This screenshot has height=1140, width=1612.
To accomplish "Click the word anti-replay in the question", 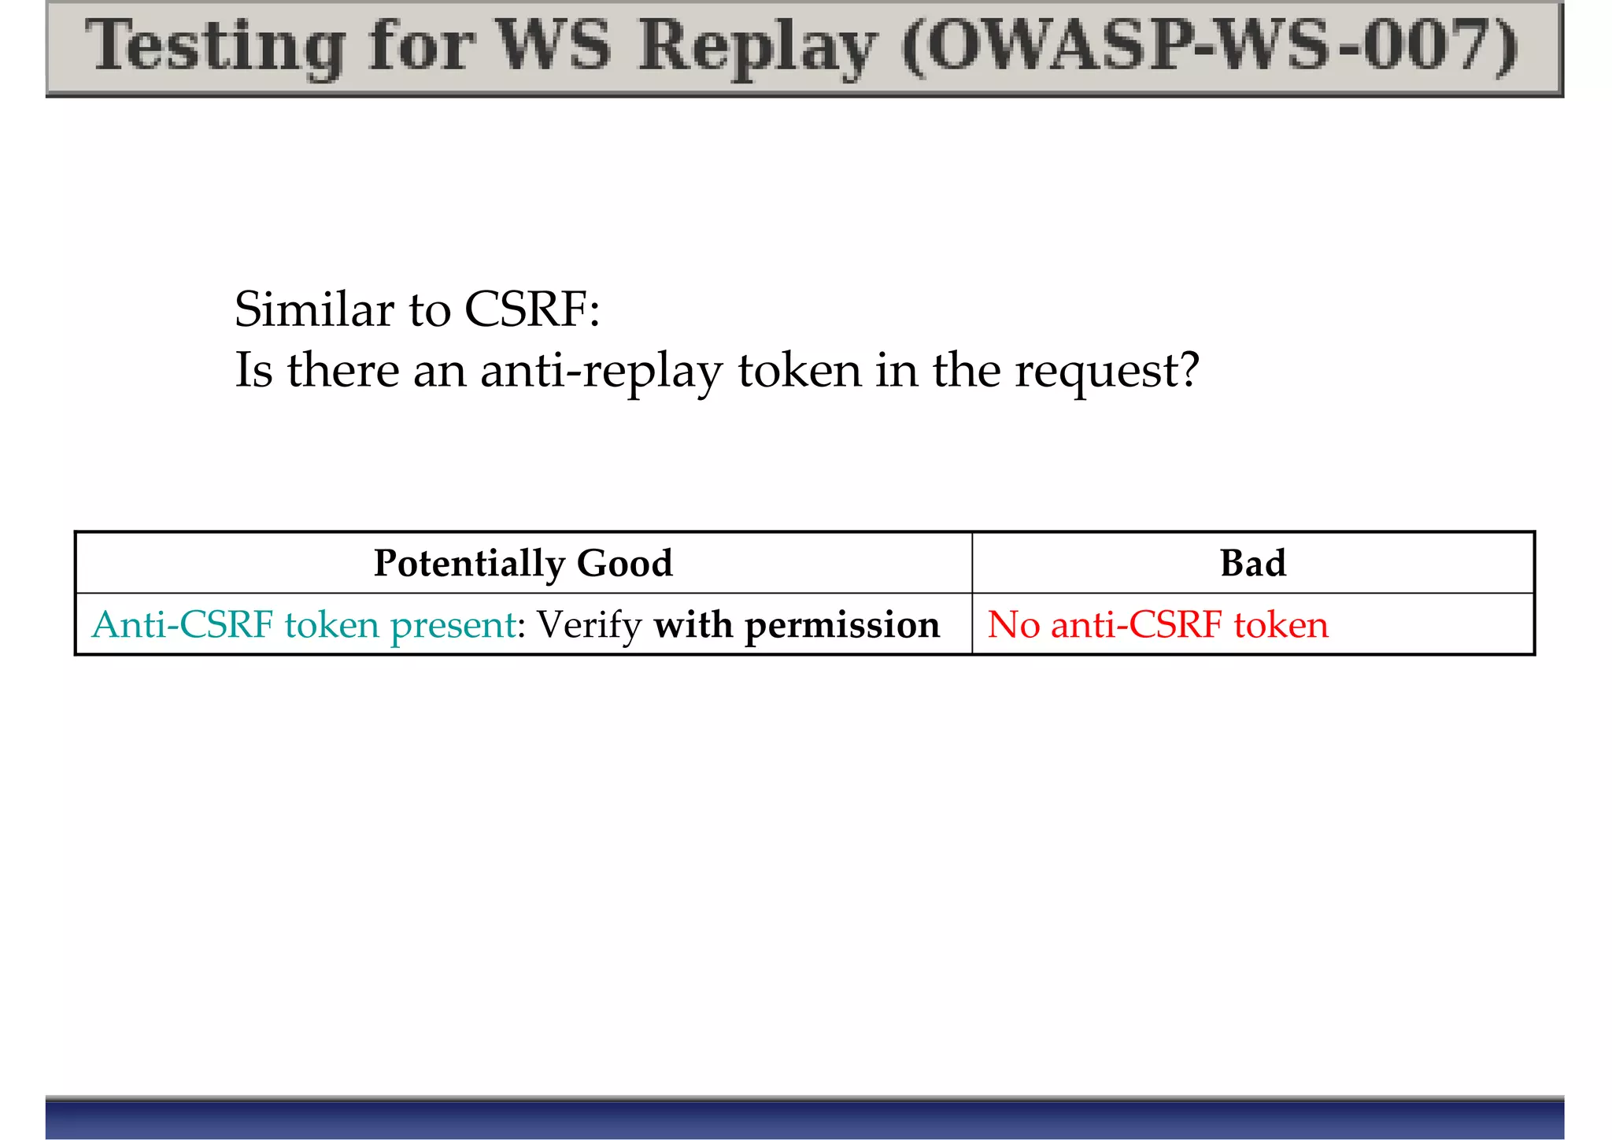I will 601,370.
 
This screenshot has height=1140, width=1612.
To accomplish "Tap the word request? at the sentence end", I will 1107,370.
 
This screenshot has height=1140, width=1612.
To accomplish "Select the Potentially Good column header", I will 523,563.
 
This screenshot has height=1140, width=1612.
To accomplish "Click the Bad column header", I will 1252,563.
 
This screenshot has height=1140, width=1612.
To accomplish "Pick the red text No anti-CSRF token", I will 1158,624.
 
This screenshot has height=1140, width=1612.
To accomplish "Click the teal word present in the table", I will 453,625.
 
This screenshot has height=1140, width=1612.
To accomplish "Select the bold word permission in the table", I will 842,625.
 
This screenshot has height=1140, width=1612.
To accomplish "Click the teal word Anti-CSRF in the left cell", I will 183,624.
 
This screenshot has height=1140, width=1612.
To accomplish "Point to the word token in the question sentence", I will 800,370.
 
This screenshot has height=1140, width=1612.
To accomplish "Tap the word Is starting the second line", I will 253,370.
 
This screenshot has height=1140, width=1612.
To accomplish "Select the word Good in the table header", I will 625,563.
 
